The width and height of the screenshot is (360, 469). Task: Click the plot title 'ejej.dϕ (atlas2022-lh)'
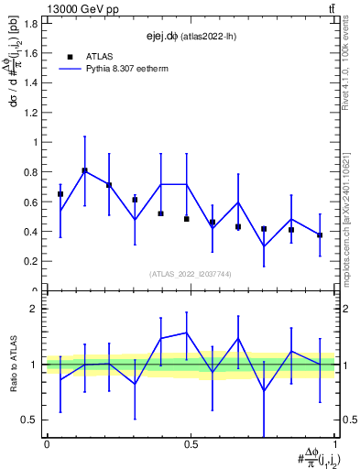[x=190, y=37]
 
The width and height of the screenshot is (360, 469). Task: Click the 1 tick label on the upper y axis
[x=35, y=142]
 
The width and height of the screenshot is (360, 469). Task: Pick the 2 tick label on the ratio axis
[x=35, y=309]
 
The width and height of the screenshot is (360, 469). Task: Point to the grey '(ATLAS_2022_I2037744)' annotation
[x=191, y=274]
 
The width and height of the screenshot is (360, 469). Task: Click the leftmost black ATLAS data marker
[x=60, y=194]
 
